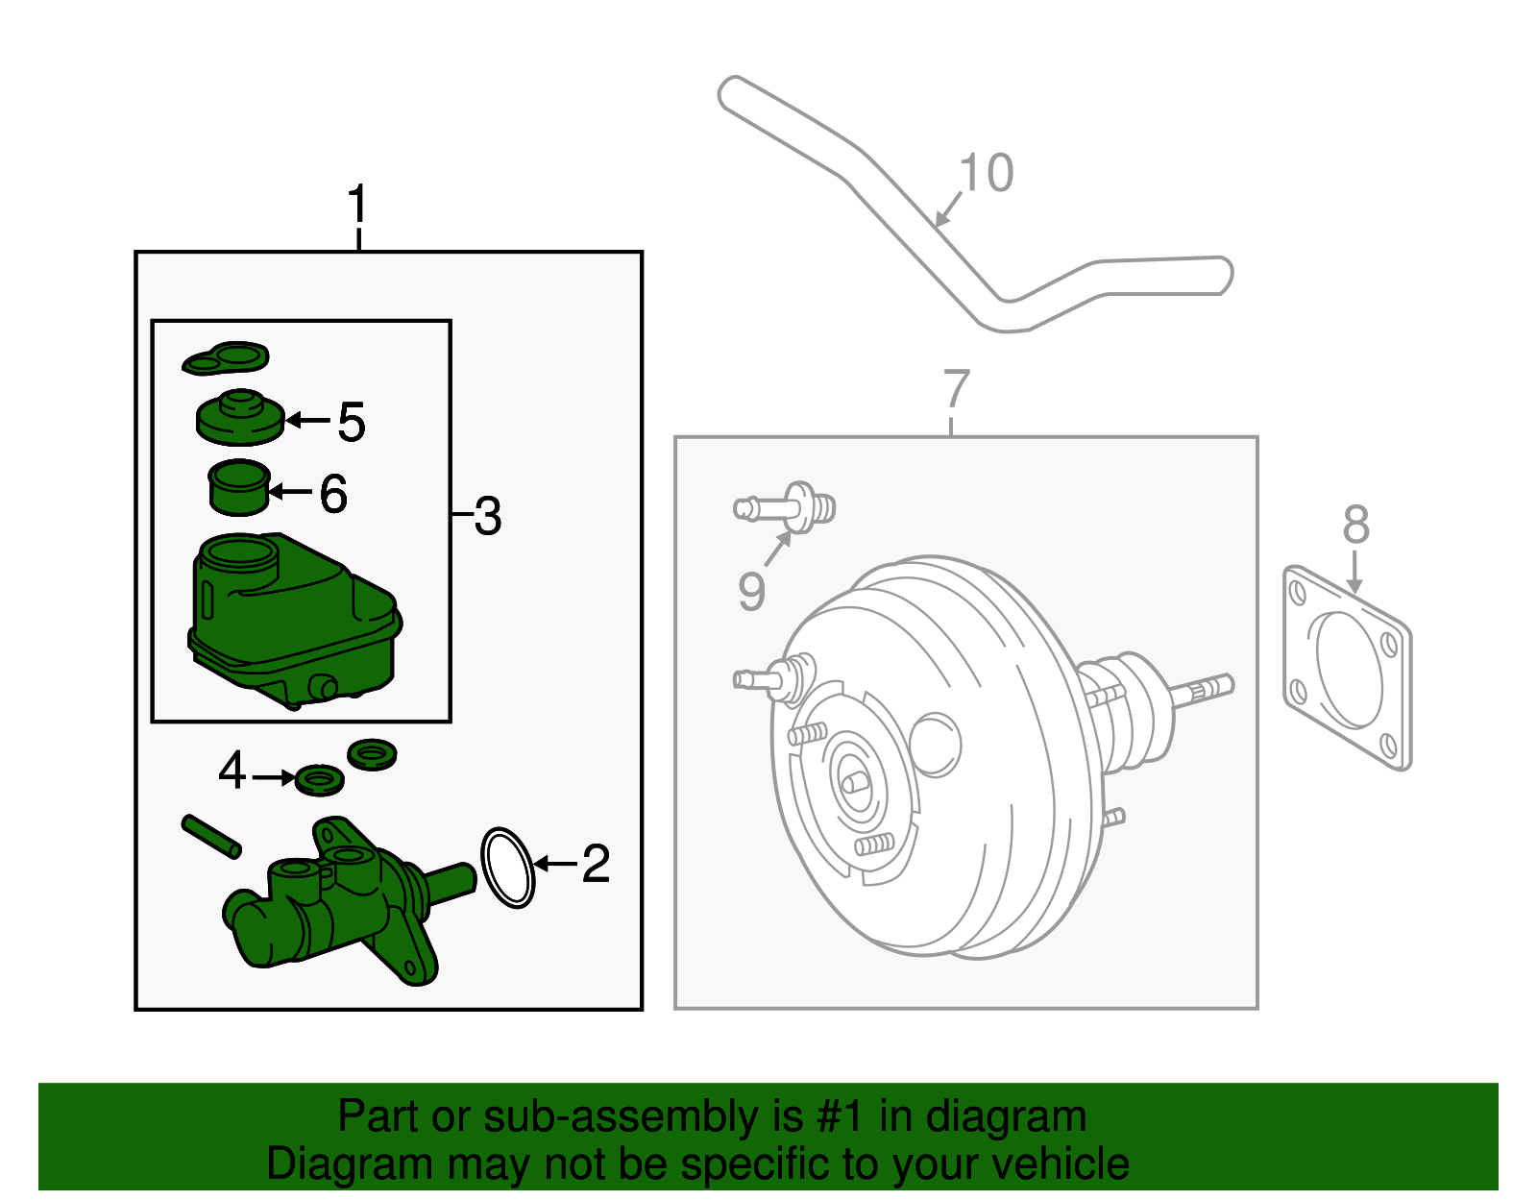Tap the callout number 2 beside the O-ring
(x=596, y=864)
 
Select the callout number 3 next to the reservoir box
(x=487, y=517)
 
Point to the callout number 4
(x=232, y=771)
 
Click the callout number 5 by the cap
(x=352, y=422)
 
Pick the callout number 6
(x=333, y=494)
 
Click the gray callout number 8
(x=1355, y=525)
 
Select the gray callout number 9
(x=751, y=591)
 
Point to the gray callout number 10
(x=987, y=174)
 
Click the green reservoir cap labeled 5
(x=239, y=419)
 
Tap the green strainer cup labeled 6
(x=238, y=488)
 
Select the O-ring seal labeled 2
(x=507, y=867)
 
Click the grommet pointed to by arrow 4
(x=320, y=779)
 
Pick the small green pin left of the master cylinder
(x=211, y=836)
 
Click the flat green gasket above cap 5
(x=227, y=357)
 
